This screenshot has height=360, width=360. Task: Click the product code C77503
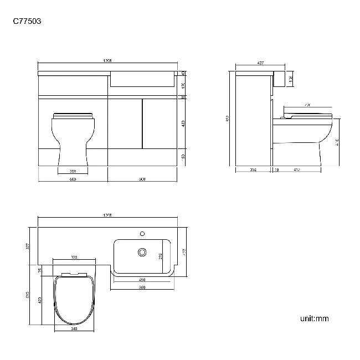click(27, 22)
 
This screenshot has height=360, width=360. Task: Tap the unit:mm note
click(315, 318)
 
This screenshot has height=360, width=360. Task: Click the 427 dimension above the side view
click(260, 64)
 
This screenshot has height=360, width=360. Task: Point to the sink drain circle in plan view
click(142, 253)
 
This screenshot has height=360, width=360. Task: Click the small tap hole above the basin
click(142, 233)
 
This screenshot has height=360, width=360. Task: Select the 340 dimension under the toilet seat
click(74, 328)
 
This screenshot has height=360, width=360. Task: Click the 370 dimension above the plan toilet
click(74, 258)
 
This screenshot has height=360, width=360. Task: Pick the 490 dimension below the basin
click(142, 279)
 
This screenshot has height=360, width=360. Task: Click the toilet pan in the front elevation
click(73, 138)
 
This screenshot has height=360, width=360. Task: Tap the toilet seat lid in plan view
click(74, 299)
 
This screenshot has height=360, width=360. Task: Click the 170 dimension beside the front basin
click(183, 85)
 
